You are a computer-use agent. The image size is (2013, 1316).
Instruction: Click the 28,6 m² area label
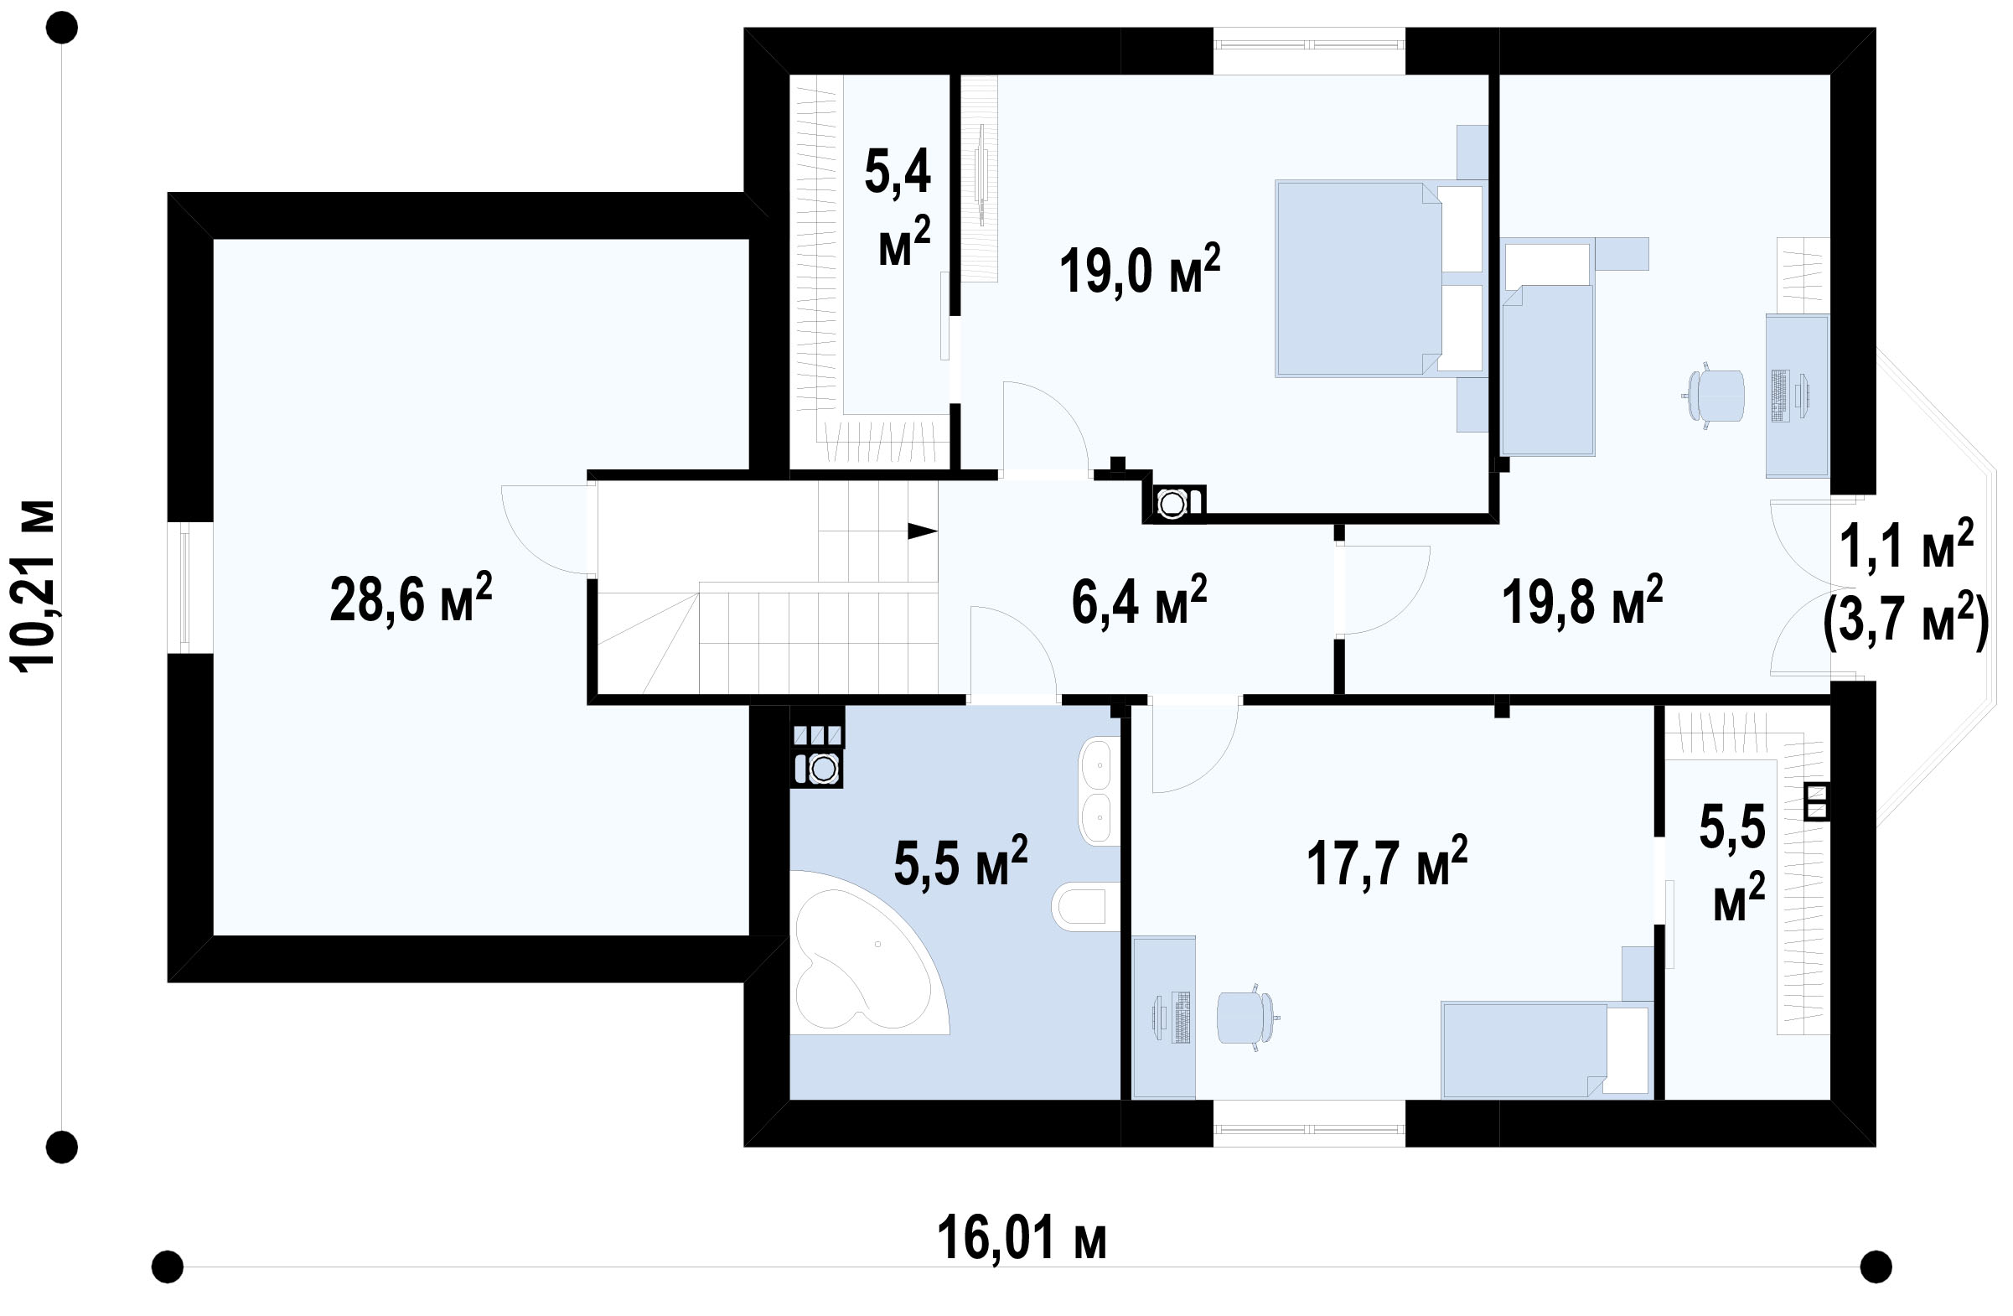pos(410,597)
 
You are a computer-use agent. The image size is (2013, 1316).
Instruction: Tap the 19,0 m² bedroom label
pos(1140,269)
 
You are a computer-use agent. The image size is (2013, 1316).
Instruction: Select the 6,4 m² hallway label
pos(1139,599)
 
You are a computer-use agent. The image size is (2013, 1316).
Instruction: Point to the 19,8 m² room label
pos(1582,599)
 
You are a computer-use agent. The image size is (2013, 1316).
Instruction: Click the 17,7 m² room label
pos(1387,861)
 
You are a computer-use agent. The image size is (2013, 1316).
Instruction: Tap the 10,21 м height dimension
pos(34,586)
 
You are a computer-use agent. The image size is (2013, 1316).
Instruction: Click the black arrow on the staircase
pos(923,531)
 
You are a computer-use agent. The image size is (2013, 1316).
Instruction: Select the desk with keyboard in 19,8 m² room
pos(1798,396)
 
